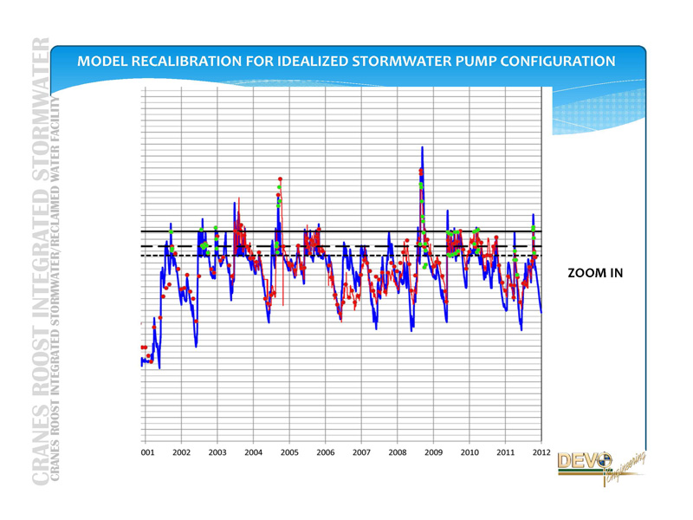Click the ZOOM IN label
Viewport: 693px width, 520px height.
tap(595, 273)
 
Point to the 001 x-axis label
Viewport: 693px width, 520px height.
tap(147, 452)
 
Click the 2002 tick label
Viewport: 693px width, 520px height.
tap(181, 452)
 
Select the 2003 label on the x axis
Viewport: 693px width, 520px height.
tap(217, 452)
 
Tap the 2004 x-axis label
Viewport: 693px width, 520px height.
tap(253, 452)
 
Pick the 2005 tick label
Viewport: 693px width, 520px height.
tap(289, 452)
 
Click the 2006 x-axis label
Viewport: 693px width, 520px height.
tap(325, 452)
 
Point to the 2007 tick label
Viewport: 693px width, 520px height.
tap(361, 452)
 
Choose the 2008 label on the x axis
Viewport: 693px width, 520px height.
tap(397, 452)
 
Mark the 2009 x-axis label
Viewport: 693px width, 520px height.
tap(433, 452)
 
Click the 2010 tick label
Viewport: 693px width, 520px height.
tap(469, 452)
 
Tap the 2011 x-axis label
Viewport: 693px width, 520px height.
tap(505, 452)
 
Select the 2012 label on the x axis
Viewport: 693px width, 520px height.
tap(541, 452)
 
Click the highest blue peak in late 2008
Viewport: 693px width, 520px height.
tap(422, 148)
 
